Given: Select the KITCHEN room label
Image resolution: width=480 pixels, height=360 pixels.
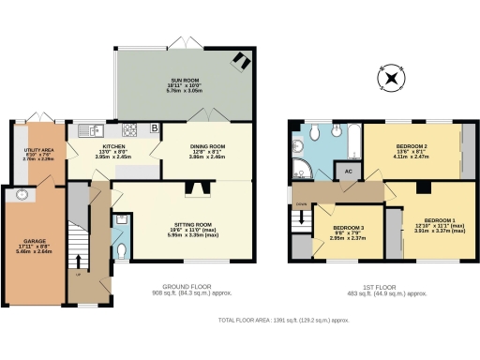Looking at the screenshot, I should (108, 151).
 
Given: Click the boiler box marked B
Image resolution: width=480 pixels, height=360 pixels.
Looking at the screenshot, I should (154, 127).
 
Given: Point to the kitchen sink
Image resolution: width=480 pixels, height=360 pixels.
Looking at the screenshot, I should (87, 129).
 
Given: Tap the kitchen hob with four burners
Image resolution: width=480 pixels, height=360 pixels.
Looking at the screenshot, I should (127, 129).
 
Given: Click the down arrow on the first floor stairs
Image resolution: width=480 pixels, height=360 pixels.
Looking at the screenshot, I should (301, 204).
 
